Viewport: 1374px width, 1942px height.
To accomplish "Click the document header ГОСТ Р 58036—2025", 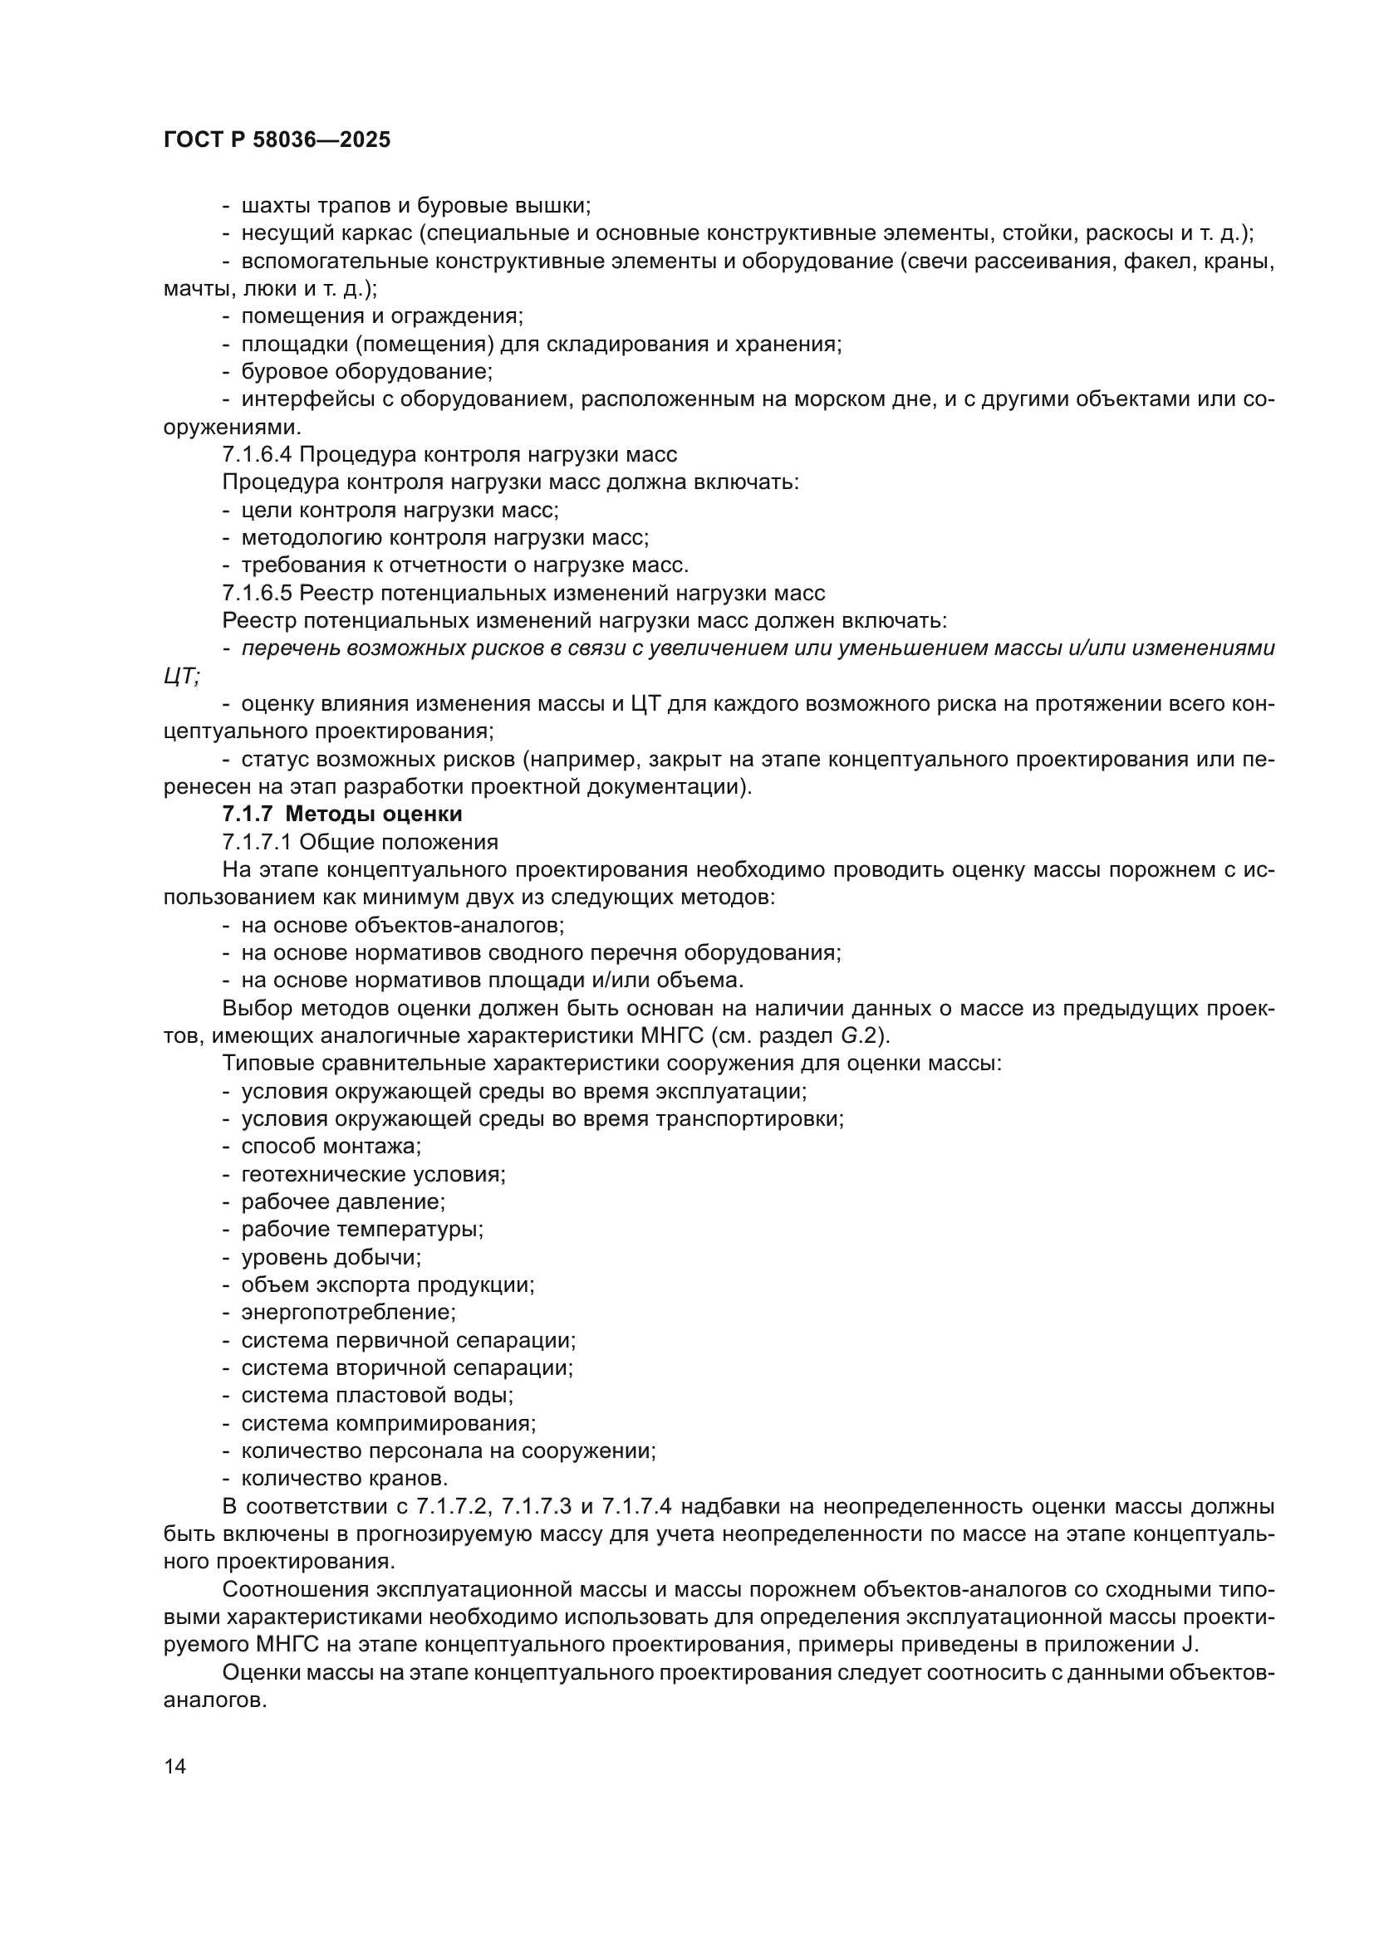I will [277, 140].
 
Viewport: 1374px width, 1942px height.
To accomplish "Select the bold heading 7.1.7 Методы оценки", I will [341, 814].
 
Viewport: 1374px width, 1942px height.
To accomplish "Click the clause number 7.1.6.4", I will [258, 455].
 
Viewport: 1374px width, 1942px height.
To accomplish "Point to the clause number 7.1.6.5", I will [258, 593].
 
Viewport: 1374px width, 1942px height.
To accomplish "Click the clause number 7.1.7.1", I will [258, 843].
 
